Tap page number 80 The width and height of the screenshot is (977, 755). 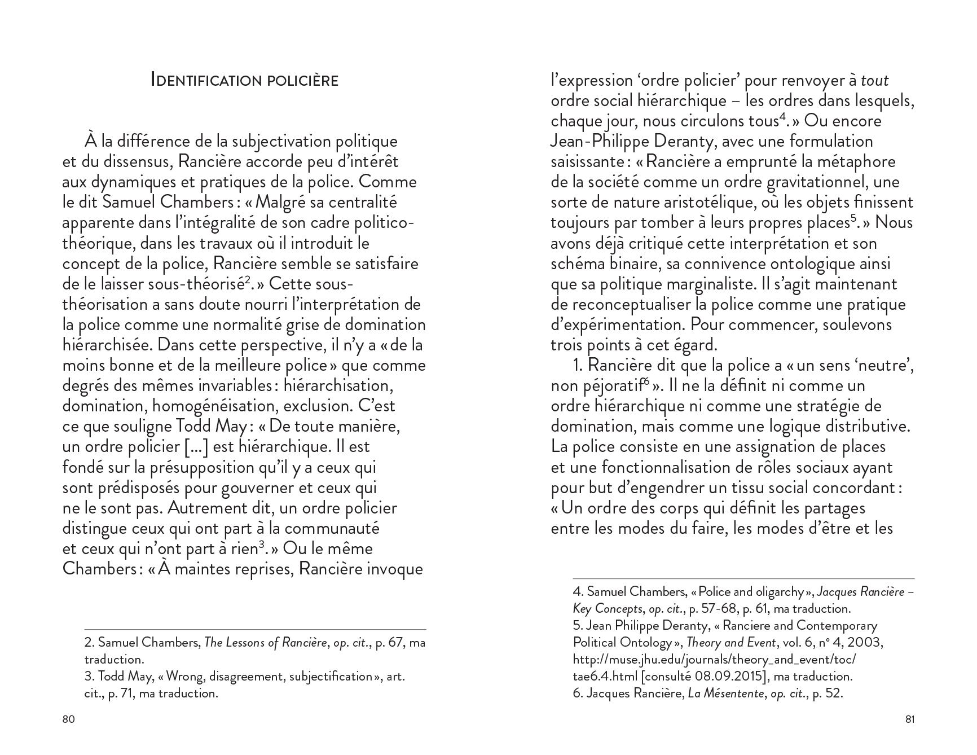click(x=68, y=719)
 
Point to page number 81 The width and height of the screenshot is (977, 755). click(x=909, y=719)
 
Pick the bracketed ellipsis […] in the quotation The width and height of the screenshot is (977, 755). click(x=197, y=447)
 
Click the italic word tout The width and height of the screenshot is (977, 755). click(x=875, y=81)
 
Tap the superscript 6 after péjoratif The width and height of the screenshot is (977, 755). click(x=643, y=382)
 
